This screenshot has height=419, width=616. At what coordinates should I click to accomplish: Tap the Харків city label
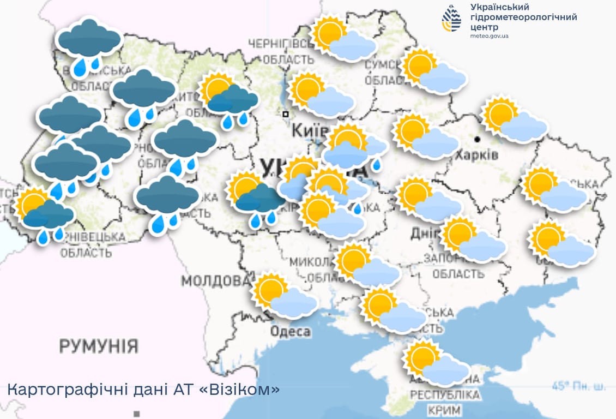[x=477, y=154]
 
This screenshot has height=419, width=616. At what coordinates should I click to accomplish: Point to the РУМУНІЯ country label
[x=99, y=346]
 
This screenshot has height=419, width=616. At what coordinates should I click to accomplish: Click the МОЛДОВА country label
[x=216, y=282]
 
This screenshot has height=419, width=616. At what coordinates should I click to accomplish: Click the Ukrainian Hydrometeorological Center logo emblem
[x=451, y=18]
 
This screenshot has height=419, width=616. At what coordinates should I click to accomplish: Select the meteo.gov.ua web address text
[x=490, y=36]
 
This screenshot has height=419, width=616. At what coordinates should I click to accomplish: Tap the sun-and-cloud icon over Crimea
[x=435, y=363]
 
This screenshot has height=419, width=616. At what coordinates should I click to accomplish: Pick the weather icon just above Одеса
[x=284, y=296]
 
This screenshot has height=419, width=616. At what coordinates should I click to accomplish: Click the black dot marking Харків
[x=478, y=139]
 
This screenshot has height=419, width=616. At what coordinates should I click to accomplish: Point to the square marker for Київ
[x=285, y=114]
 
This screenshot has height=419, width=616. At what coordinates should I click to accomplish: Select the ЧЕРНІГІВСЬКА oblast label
[x=281, y=44]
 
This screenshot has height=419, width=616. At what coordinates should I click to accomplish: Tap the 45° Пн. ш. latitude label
[x=578, y=386]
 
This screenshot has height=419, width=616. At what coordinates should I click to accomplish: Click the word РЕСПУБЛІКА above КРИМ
[x=445, y=394]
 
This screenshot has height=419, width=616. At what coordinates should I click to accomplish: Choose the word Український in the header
[x=500, y=7]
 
